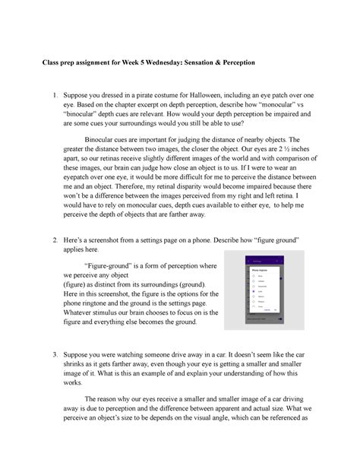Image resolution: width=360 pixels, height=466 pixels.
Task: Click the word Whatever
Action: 79,312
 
